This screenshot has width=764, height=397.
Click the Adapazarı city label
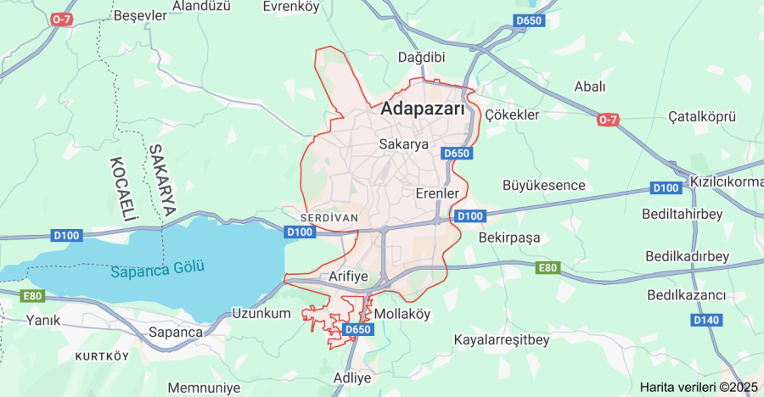pyautogui.click(x=423, y=109)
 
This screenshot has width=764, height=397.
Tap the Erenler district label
pyautogui.click(x=437, y=193)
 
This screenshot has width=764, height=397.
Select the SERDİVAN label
pyautogui.click(x=330, y=217)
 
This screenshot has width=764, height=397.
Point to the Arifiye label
pyautogui.click(x=349, y=277)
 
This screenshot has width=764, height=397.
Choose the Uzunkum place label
pyautogui.click(x=261, y=313)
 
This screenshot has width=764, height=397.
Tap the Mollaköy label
pyautogui.click(x=402, y=313)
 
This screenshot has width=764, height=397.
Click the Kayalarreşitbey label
pyautogui.click(x=502, y=339)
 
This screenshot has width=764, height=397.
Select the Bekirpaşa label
pyautogui.click(x=509, y=238)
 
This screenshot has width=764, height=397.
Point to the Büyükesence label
pyautogui.click(x=544, y=185)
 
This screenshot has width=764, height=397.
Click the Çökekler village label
pyautogui.click(x=511, y=115)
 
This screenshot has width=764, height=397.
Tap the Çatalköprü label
pyautogui.click(x=701, y=116)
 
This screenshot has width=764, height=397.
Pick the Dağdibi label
pyautogui.click(x=422, y=57)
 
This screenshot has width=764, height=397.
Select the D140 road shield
pyautogui.click(x=705, y=320)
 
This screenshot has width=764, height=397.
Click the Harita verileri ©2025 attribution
pyautogui.click(x=699, y=387)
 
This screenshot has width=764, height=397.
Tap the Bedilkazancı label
pyautogui.click(x=686, y=295)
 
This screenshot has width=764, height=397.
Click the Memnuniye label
pyautogui.click(x=203, y=387)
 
